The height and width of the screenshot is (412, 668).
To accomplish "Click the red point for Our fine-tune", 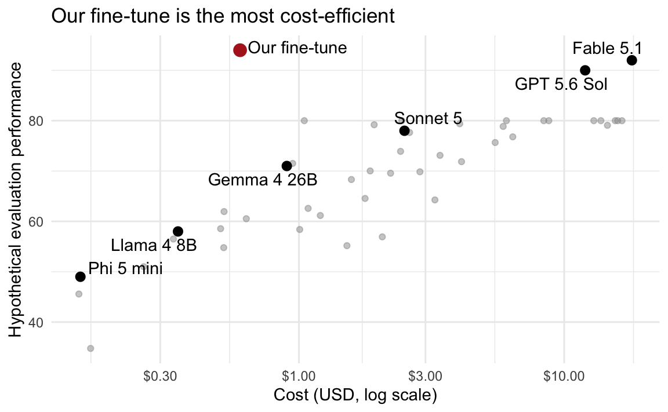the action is [x=240, y=50].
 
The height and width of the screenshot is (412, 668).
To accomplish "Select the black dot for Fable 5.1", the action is [x=632, y=60].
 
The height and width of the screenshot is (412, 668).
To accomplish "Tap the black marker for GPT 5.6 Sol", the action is [x=585, y=70].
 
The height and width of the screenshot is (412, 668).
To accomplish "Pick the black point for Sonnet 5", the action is [x=405, y=130].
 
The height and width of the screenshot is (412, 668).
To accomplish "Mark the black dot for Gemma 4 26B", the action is [x=286, y=166].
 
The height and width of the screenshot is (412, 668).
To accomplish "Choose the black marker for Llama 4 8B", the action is [x=178, y=232].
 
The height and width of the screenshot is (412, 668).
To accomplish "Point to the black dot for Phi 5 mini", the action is [x=80, y=276].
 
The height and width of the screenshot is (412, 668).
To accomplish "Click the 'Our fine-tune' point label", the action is [x=297, y=48].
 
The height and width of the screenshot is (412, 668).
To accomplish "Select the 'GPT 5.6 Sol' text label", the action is [x=561, y=84].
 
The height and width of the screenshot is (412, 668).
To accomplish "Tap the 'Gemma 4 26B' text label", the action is [x=263, y=180].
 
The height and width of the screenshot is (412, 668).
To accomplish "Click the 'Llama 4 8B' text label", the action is [x=154, y=246].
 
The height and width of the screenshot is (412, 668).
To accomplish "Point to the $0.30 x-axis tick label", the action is [x=160, y=376].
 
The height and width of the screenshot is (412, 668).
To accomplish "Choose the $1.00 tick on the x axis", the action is [x=299, y=376].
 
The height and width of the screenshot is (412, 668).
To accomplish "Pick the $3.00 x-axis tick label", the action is [x=425, y=376].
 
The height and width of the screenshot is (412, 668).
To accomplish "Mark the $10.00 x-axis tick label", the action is [x=564, y=376].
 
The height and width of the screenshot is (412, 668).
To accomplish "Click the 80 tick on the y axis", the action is [x=37, y=121].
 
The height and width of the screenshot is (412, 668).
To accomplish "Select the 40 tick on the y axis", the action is [x=37, y=322].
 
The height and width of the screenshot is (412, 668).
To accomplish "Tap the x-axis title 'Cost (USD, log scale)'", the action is [x=355, y=395].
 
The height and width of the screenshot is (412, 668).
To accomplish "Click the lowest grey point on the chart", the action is [x=90, y=349].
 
